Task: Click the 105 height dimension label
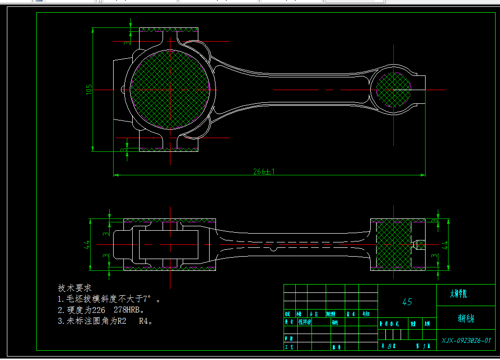(89, 89)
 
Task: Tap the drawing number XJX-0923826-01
(466, 340)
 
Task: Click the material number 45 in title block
(407, 302)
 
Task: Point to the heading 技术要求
(75, 288)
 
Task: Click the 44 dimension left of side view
(87, 244)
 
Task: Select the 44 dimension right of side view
(445, 245)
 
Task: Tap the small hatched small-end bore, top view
(393, 90)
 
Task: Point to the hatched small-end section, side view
(393, 244)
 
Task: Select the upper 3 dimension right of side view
(434, 221)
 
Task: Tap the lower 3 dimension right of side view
(434, 255)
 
